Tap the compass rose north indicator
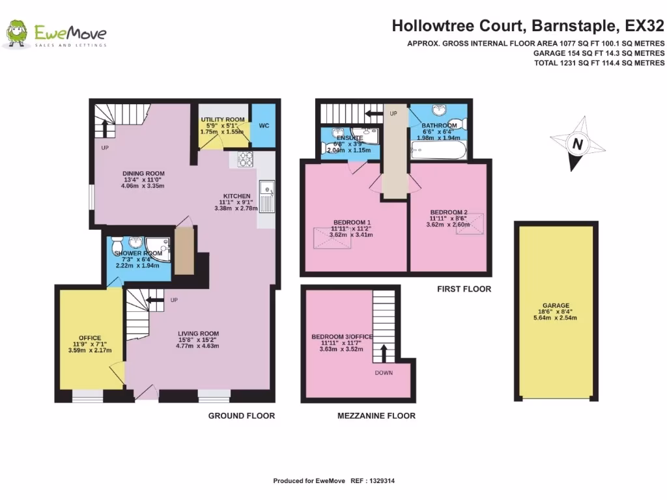[576, 144]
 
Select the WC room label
[264, 125]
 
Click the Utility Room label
[222, 120]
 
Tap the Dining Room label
[143, 173]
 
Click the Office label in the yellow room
[90, 337]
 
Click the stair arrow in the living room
[154, 299]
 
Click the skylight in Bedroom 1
[329, 238]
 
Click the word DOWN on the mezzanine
[384, 373]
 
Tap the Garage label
[556, 305]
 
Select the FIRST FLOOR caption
[464, 289]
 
